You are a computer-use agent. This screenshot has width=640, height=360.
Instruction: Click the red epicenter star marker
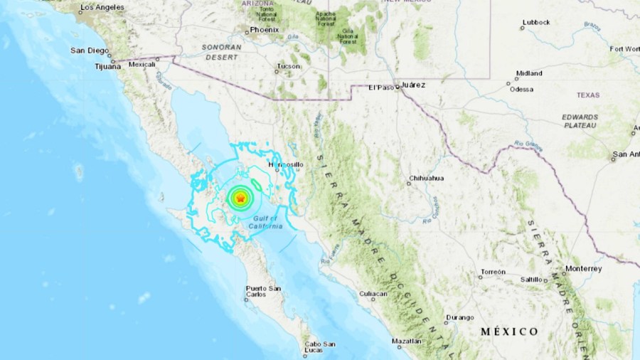tap(240, 199)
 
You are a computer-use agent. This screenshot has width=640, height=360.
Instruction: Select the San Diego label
tap(90, 51)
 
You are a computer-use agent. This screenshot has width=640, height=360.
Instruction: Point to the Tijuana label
tap(107, 66)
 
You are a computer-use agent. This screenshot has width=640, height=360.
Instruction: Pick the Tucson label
tap(289, 67)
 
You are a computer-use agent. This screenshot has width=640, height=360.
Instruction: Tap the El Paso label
tap(381, 87)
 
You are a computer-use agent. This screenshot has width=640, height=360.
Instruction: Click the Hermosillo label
tap(289, 165)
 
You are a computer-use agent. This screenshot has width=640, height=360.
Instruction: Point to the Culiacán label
tap(373, 293)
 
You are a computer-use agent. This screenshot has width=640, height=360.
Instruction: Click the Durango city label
tap(459, 317)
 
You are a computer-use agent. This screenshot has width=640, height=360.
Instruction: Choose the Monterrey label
tap(584, 268)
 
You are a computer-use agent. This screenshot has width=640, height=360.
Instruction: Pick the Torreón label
tap(493, 272)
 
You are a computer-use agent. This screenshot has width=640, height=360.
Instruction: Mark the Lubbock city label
tap(535, 23)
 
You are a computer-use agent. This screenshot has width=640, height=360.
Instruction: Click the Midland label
tap(529, 73)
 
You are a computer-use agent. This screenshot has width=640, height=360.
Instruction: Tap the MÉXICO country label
tap(509, 332)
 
